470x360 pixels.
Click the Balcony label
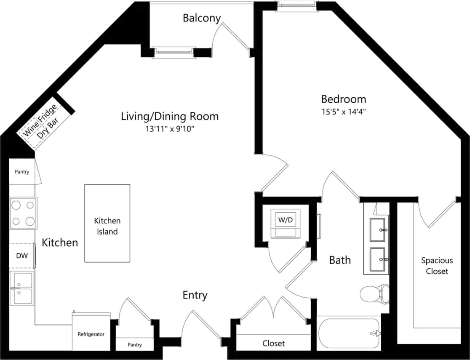pyautogui.click(x=202, y=18)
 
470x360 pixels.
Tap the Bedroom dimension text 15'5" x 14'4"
pyautogui.click(x=343, y=112)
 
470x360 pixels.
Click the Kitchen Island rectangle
pyautogui.click(x=107, y=223)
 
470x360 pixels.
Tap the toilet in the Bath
pyautogui.click(x=374, y=293)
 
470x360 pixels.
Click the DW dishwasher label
pyautogui.click(x=22, y=256)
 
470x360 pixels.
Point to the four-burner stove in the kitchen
pyautogui.click(x=23, y=213)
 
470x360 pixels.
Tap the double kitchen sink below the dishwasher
pyautogui.click(x=22, y=288)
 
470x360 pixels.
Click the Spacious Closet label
pyautogui.click(x=437, y=266)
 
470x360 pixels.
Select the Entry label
pyautogui.click(x=195, y=295)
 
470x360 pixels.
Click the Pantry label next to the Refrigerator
pyautogui.click(x=135, y=345)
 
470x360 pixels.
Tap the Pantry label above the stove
pyautogui.click(x=22, y=172)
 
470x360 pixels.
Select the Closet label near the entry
pyautogui.click(x=274, y=344)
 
